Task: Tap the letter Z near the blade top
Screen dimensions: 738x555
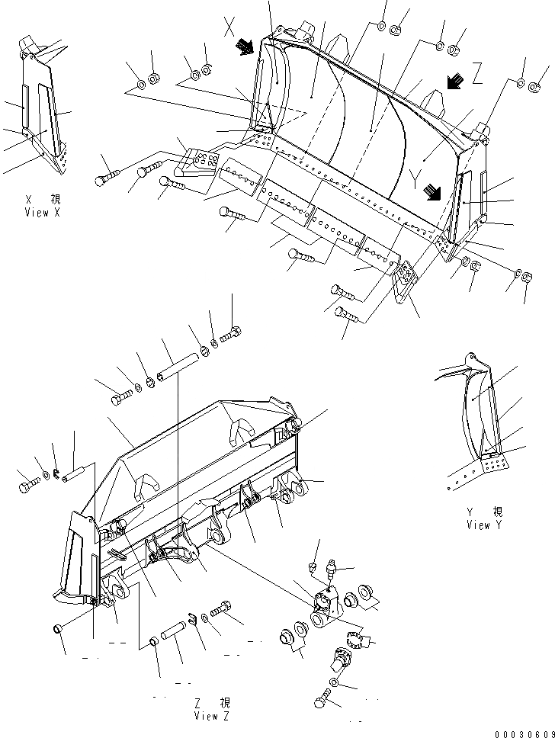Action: (x=477, y=74)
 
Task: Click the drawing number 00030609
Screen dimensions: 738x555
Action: (x=524, y=733)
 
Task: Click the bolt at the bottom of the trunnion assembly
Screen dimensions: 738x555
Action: (x=323, y=698)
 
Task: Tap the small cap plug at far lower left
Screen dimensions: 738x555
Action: (x=56, y=628)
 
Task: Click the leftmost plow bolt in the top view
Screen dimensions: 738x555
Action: (x=106, y=177)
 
